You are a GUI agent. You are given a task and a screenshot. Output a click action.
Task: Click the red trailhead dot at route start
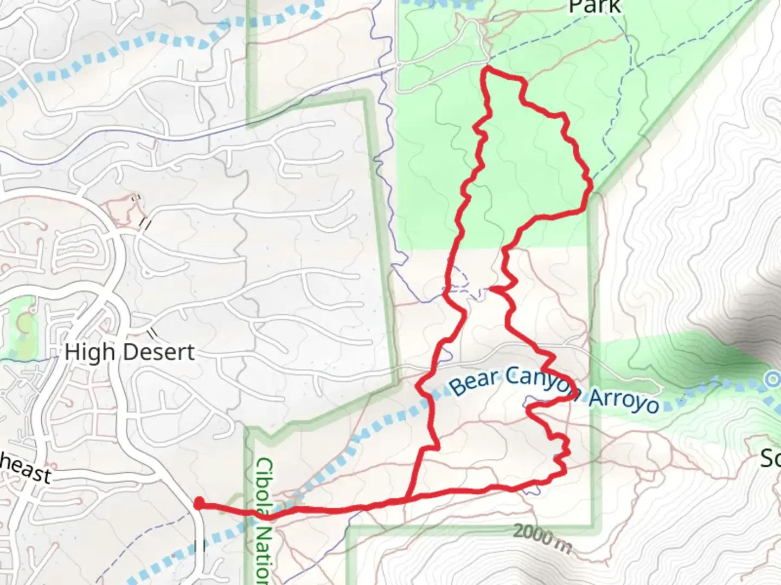pos(199,504)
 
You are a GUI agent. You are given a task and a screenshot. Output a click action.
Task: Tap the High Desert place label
pos(129,353)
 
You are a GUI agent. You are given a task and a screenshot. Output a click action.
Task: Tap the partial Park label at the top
pos(594,7)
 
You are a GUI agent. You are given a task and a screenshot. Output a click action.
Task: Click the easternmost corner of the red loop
pos(590,187)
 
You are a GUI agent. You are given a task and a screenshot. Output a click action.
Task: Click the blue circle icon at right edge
pos(773,380)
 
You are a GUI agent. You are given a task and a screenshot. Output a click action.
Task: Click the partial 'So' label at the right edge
pos(770,459)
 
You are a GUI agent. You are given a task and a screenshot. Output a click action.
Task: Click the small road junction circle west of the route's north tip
pos(399,64)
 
